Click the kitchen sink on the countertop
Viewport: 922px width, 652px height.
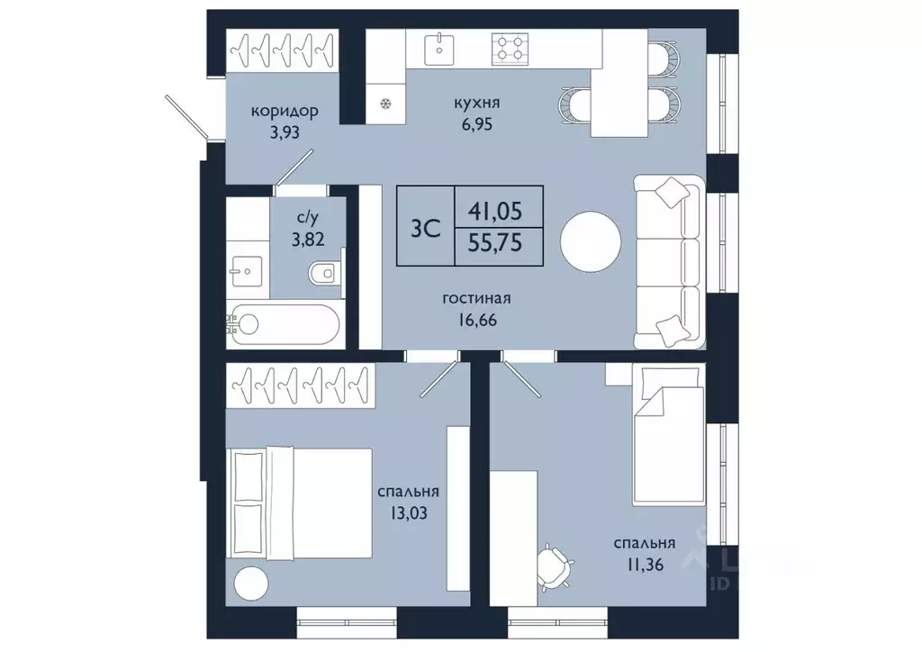[x=438, y=50]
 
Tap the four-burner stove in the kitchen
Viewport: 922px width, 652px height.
[x=510, y=49]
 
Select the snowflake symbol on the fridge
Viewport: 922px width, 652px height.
[x=385, y=104]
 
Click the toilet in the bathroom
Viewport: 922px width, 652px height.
[x=323, y=272]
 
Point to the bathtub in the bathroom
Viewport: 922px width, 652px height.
[x=283, y=324]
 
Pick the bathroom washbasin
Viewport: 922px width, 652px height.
[x=247, y=271]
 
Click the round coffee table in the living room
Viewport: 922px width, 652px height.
[x=591, y=242]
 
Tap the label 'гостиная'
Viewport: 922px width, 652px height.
[x=476, y=299]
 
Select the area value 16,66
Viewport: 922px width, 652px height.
[x=476, y=320]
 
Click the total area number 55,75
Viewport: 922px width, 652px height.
[x=495, y=242]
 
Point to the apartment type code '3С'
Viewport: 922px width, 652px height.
[x=425, y=228]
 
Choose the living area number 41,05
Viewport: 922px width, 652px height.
[x=495, y=211]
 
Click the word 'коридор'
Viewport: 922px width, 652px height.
[x=285, y=111]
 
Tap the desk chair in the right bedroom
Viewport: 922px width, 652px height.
[x=555, y=566]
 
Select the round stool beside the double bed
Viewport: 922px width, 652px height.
[x=252, y=584]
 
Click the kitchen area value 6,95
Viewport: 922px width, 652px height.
[x=476, y=124]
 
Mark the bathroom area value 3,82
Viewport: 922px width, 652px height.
[x=308, y=239]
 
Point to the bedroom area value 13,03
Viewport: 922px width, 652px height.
[x=408, y=513]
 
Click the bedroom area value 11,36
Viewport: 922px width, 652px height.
[x=645, y=565]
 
